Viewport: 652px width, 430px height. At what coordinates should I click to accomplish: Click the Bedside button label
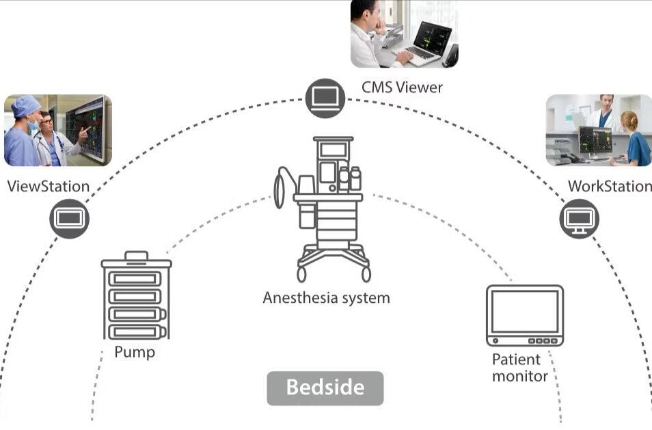point(325,388)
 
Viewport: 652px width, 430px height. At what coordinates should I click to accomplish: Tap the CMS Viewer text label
point(402,88)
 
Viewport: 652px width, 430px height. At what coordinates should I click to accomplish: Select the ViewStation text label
point(48,186)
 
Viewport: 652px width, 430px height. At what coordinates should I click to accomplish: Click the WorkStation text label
point(610,186)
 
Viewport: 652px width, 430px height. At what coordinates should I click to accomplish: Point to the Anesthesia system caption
point(326,298)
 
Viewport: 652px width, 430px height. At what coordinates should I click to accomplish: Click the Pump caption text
point(135,353)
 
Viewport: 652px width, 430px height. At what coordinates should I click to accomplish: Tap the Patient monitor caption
point(519,368)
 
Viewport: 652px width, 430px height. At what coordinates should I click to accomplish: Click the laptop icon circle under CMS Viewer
point(325,97)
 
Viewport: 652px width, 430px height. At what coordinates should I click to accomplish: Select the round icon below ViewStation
point(69,219)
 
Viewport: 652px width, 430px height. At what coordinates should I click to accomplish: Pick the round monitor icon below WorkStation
point(580,219)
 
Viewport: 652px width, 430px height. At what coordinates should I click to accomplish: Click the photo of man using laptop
point(404,33)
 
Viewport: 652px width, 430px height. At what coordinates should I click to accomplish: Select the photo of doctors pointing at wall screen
point(57,131)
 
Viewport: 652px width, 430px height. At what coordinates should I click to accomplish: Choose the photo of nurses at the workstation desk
point(598,131)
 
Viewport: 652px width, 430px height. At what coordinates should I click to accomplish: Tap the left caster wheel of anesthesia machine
point(301,274)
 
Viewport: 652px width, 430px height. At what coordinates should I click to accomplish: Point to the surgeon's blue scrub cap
point(27,105)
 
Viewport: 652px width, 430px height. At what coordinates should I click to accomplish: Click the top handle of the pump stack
point(136,256)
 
